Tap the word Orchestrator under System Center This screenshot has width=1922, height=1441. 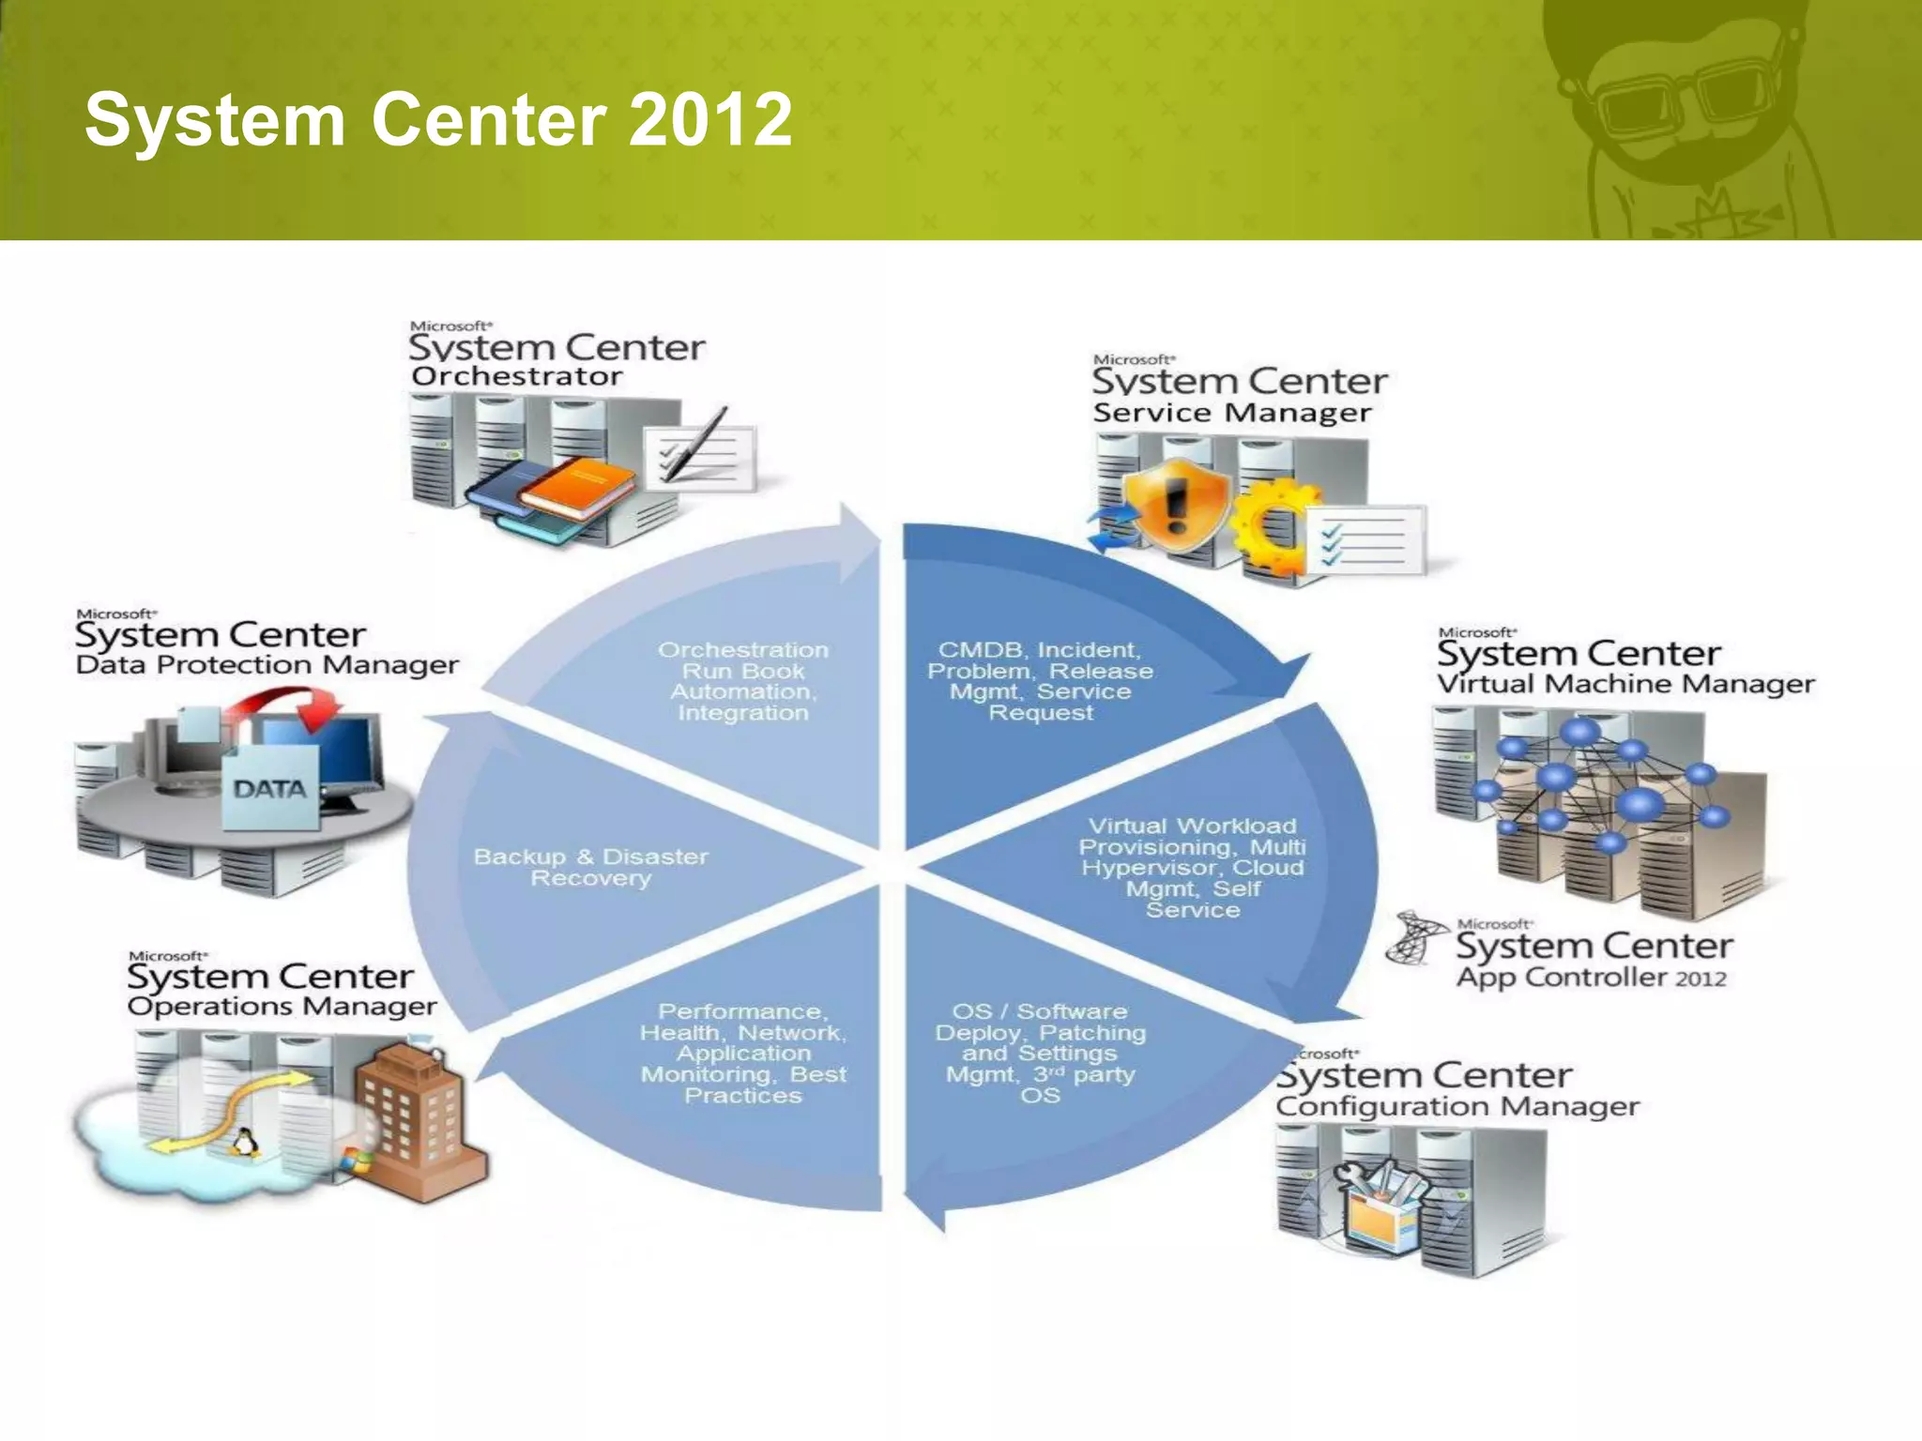tap(516, 377)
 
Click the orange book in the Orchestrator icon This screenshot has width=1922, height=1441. tap(582, 484)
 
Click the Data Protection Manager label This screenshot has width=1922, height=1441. tap(267, 665)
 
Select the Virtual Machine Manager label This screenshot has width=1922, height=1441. tap(1625, 684)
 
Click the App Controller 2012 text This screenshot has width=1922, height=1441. tap(1591, 978)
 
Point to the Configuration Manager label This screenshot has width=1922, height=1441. tap(1457, 1107)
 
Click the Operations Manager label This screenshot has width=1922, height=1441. tap(282, 1007)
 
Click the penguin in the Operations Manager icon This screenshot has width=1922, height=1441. tap(245, 1143)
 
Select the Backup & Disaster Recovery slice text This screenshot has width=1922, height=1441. tap(590, 868)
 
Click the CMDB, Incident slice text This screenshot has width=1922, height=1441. tap(1040, 681)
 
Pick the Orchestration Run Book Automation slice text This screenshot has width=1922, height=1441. tap(743, 681)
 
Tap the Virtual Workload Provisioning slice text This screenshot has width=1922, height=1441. tap(1192, 868)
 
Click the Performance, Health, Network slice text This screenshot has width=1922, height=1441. tap(743, 1053)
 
